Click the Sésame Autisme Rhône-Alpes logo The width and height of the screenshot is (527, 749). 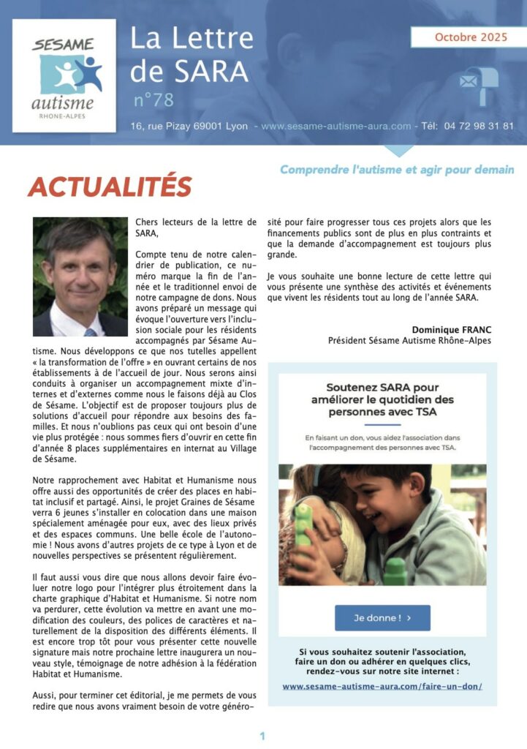[x=64, y=75]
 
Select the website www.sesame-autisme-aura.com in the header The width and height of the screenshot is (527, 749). [x=335, y=126]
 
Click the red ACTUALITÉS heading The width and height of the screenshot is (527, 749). [x=110, y=187]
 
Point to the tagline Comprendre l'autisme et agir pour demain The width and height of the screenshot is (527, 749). [x=396, y=170]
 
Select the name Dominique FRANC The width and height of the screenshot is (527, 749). [x=452, y=330]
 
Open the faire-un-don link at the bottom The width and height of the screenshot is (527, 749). [x=382, y=686]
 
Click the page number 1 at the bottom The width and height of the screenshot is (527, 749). [x=262, y=736]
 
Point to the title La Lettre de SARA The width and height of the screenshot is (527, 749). [x=192, y=54]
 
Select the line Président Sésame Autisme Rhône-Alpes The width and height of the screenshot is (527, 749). [x=409, y=341]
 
